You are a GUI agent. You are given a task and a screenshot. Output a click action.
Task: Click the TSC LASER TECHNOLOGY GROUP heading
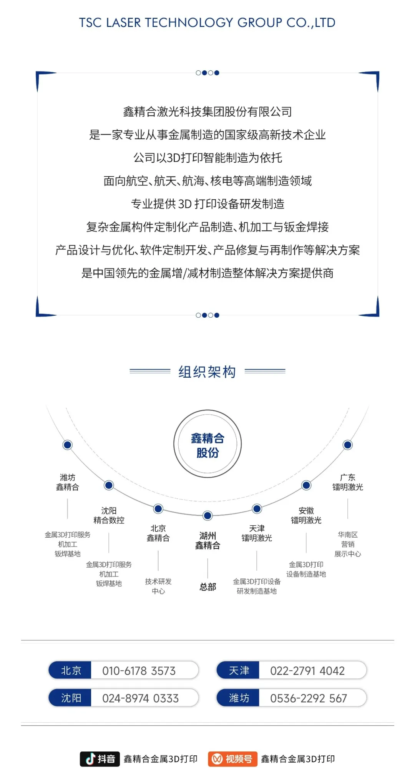(207, 23)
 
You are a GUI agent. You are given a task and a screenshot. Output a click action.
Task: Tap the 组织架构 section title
(207, 372)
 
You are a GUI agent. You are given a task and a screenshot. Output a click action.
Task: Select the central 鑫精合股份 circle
(207, 444)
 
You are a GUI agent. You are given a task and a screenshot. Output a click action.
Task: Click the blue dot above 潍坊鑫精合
(68, 445)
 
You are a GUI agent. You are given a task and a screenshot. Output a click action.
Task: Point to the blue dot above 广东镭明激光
(348, 445)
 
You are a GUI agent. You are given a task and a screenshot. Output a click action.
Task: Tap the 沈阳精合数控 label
(109, 515)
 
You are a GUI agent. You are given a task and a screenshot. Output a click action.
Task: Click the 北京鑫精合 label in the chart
(158, 533)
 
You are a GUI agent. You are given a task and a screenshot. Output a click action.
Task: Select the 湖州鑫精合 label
(207, 541)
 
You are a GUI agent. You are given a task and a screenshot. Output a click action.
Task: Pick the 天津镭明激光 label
(257, 533)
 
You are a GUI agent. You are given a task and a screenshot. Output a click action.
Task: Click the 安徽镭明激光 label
(306, 515)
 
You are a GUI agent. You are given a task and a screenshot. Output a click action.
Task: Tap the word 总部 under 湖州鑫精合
(208, 587)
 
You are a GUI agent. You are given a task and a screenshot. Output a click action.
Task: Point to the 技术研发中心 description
(158, 586)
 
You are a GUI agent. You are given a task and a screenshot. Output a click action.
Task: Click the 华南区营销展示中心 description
(348, 544)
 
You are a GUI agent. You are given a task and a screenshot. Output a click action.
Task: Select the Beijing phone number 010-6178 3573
(139, 671)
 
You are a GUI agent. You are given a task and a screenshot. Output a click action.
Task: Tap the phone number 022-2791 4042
(307, 671)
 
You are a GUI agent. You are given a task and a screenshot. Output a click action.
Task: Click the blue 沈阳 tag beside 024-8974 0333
(70, 698)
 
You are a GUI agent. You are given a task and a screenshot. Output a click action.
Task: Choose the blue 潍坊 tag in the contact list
(238, 698)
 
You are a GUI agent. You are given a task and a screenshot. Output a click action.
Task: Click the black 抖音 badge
(100, 759)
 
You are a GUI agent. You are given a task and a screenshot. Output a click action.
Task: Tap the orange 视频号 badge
(232, 759)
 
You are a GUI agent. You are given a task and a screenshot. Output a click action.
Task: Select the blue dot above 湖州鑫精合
(207, 516)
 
